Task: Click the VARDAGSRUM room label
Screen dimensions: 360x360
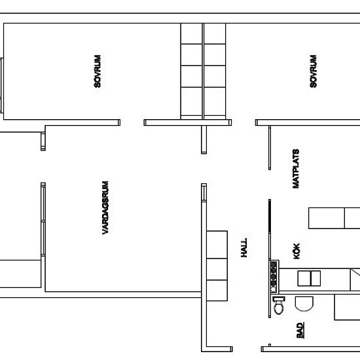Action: click(x=105, y=207)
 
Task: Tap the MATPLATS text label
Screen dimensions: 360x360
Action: click(x=296, y=169)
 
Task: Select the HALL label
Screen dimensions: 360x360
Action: click(x=244, y=247)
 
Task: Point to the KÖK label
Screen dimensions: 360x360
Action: click(x=297, y=251)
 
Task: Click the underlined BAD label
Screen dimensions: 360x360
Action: click(x=300, y=331)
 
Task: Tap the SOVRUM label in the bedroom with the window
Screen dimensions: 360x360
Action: click(x=98, y=71)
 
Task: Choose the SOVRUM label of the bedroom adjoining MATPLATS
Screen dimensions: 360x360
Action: click(x=313, y=71)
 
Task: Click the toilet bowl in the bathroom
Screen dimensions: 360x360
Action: click(x=279, y=308)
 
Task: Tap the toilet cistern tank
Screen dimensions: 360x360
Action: click(x=279, y=298)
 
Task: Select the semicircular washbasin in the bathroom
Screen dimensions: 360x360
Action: click(x=304, y=304)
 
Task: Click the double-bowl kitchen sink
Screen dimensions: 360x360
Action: click(x=309, y=278)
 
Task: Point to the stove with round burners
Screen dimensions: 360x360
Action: click(x=274, y=277)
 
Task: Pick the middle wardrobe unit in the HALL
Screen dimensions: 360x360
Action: click(x=217, y=269)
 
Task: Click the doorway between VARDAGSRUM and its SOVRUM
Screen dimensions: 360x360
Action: click(x=132, y=122)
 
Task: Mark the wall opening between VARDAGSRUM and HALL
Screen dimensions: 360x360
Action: click(x=204, y=168)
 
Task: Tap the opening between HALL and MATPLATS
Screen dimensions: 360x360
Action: click(x=270, y=185)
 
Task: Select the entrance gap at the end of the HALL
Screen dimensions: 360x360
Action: click(x=247, y=349)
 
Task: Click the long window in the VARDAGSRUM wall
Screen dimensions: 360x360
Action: click(x=43, y=219)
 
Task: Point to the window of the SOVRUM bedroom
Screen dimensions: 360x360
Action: click(x=1, y=85)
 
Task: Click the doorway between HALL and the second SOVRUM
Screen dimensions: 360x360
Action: click(x=243, y=122)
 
